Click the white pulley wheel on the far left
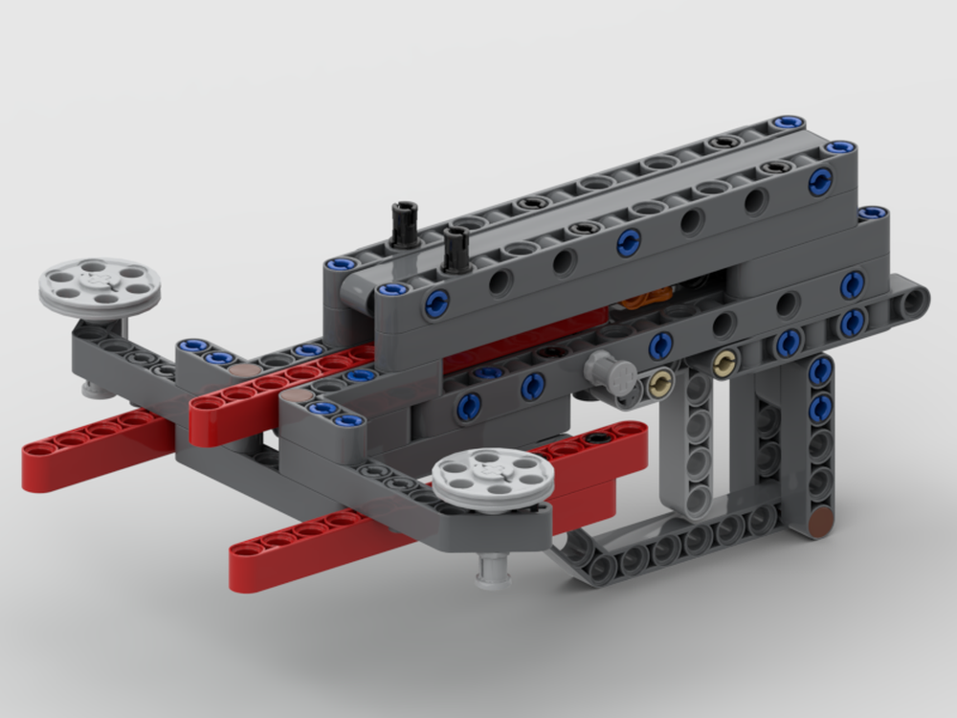point(100,282)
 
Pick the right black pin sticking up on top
point(454,247)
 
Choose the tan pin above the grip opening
point(725,362)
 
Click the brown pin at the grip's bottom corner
point(820,523)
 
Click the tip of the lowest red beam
point(245,574)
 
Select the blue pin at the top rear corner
point(787,123)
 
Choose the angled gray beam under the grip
point(660,546)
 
